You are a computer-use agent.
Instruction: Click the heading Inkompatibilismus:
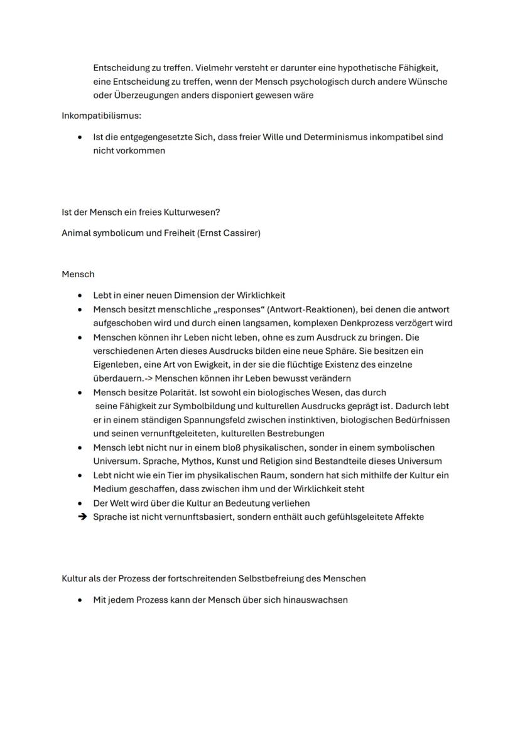(101, 116)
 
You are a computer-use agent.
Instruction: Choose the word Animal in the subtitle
(77, 233)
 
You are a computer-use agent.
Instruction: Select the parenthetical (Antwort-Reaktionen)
(281, 310)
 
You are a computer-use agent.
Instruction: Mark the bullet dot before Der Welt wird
(80, 503)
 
